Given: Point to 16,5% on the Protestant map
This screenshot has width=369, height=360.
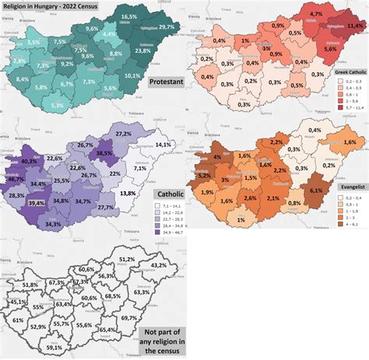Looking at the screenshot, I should (x=128, y=16).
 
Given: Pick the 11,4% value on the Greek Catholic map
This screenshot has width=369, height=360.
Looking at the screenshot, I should (x=355, y=26).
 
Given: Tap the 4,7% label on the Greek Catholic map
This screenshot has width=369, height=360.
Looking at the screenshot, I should (x=315, y=14).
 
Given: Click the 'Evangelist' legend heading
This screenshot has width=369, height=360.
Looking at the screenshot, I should (x=347, y=187).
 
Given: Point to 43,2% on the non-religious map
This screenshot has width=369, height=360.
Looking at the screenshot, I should (x=159, y=265).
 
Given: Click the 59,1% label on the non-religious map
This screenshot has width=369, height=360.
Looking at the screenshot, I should (x=54, y=348).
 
